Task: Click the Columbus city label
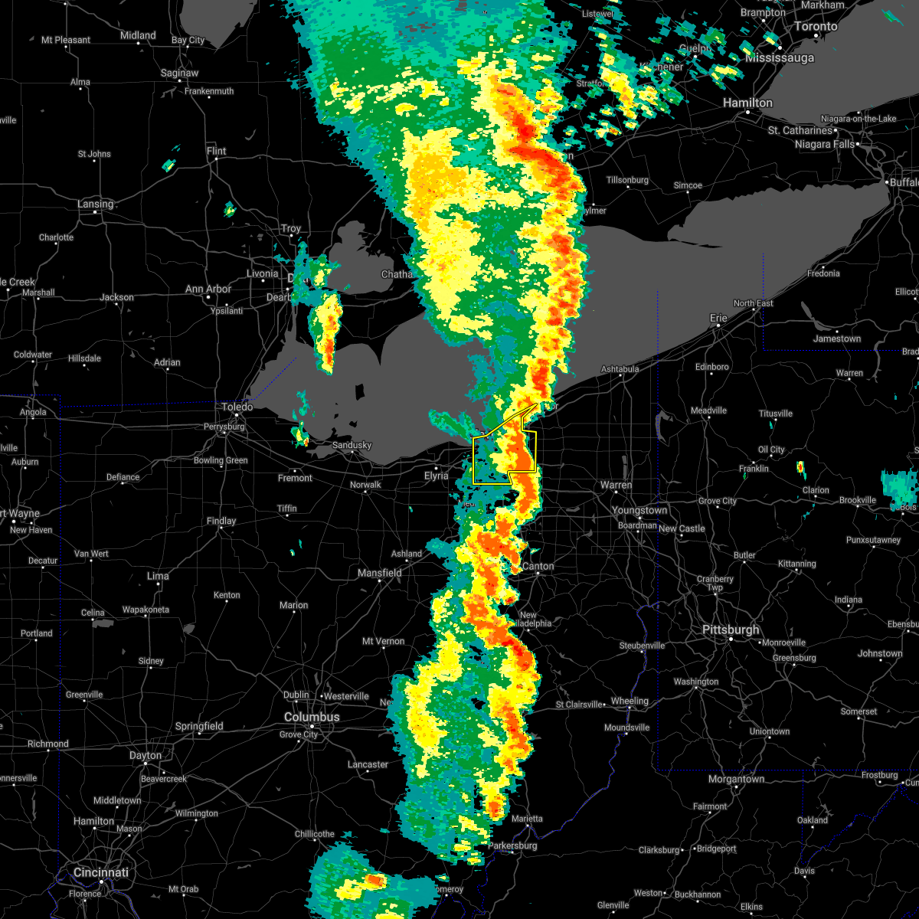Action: click(312, 717)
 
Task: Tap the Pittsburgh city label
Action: click(731, 630)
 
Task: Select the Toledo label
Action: click(237, 407)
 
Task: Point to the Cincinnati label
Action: click(101, 872)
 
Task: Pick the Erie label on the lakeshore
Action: click(718, 318)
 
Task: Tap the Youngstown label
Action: click(639, 510)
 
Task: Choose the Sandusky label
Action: click(352, 445)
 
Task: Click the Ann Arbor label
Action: click(208, 289)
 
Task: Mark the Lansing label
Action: click(95, 204)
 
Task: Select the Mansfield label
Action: click(380, 573)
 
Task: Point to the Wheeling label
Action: click(630, 701)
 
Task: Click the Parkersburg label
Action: click(513, 845)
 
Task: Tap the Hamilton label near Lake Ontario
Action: click(748, 103)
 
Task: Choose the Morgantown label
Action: click(736, 779)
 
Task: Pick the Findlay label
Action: click(221, 521)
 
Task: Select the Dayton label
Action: click(146, 755)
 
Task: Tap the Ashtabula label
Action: click(620, 369)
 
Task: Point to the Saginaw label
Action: click(180, 73)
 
